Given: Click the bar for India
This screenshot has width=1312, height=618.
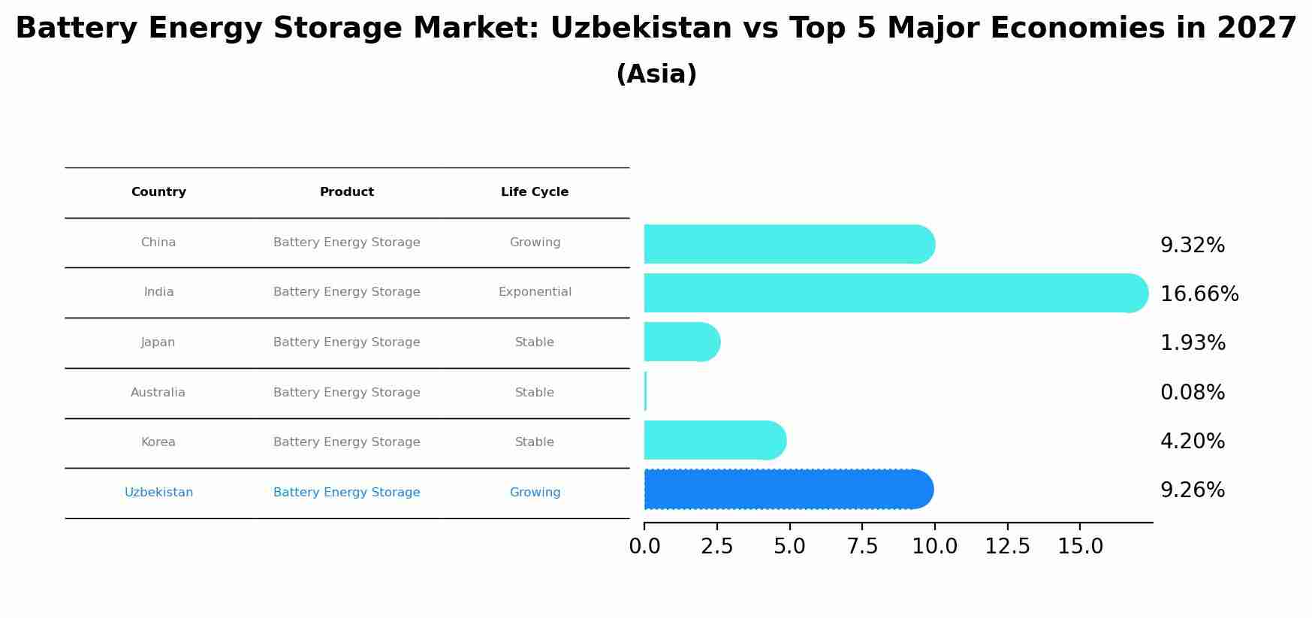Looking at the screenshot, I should [894, 293].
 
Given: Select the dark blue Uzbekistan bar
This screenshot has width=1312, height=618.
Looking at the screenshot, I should [789, 490].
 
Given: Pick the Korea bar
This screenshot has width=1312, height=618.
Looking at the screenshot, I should [713, 440].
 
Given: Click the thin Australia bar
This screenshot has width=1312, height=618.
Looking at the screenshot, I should [645, 391].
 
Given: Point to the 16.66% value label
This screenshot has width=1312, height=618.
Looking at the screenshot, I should [1199, 294].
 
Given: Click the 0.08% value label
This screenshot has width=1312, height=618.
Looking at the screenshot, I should [1192, 393].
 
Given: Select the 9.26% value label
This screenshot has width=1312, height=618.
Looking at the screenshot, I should [1192, 490].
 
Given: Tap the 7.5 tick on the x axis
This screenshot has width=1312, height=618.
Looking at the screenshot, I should [862, 547].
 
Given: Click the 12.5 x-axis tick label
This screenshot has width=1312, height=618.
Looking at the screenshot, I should [1007, 547].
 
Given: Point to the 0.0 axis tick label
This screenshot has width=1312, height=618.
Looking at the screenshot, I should [644, 547].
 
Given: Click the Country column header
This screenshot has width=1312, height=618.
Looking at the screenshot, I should [158, 192].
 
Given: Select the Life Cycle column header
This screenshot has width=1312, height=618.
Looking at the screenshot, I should [534, 192].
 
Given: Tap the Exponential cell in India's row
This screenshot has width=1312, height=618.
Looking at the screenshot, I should [534, 292].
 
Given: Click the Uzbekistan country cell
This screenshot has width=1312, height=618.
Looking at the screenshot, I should [158, 493].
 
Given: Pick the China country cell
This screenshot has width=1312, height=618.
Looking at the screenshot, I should [158, 243].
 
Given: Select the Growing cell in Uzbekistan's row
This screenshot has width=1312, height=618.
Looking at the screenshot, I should [534, 493].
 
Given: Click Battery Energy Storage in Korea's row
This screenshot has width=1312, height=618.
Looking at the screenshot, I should [346, 442].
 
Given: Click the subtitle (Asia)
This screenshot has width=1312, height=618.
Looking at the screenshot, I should [656, 74].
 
